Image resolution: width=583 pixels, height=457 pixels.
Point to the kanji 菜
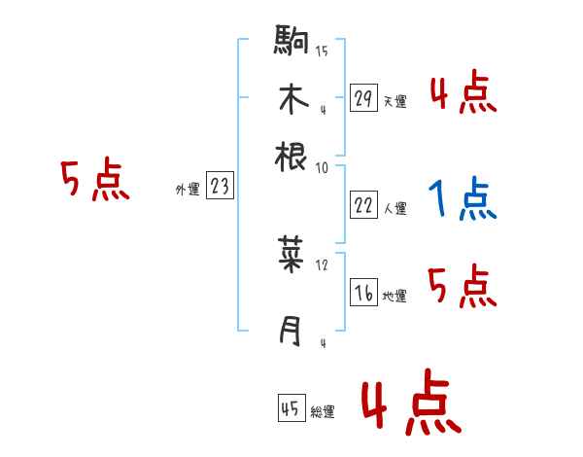[291, 256]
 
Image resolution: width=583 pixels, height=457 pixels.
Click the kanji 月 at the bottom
[291, 332]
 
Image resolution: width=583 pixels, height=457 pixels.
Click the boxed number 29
[363, 98]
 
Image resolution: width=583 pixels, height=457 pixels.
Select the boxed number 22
[363, 203]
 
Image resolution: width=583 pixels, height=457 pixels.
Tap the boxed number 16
[363, 293]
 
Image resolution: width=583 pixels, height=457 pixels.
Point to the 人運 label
[394, 207]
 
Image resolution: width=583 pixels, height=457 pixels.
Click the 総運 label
[322, 411]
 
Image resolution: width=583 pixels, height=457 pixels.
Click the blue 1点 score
[462, 200]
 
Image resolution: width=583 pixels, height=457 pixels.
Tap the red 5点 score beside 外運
[95, 180]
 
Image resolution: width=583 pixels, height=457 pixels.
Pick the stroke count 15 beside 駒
[322, 52]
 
